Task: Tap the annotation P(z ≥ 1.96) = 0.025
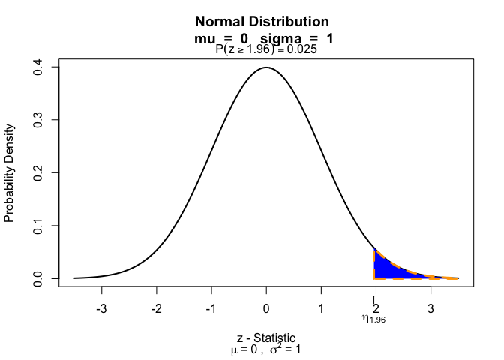(266, 50)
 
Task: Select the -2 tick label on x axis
(156, 308)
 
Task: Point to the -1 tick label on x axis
(211, 308)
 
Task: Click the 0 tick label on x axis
(266, 308)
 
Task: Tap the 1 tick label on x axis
(321, 308)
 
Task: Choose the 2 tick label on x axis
(376, 308)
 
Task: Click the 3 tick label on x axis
(430, 308)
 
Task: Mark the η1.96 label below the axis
(373, 319)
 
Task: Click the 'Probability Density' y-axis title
(10, 172)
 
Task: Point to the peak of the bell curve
(266, 67)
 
